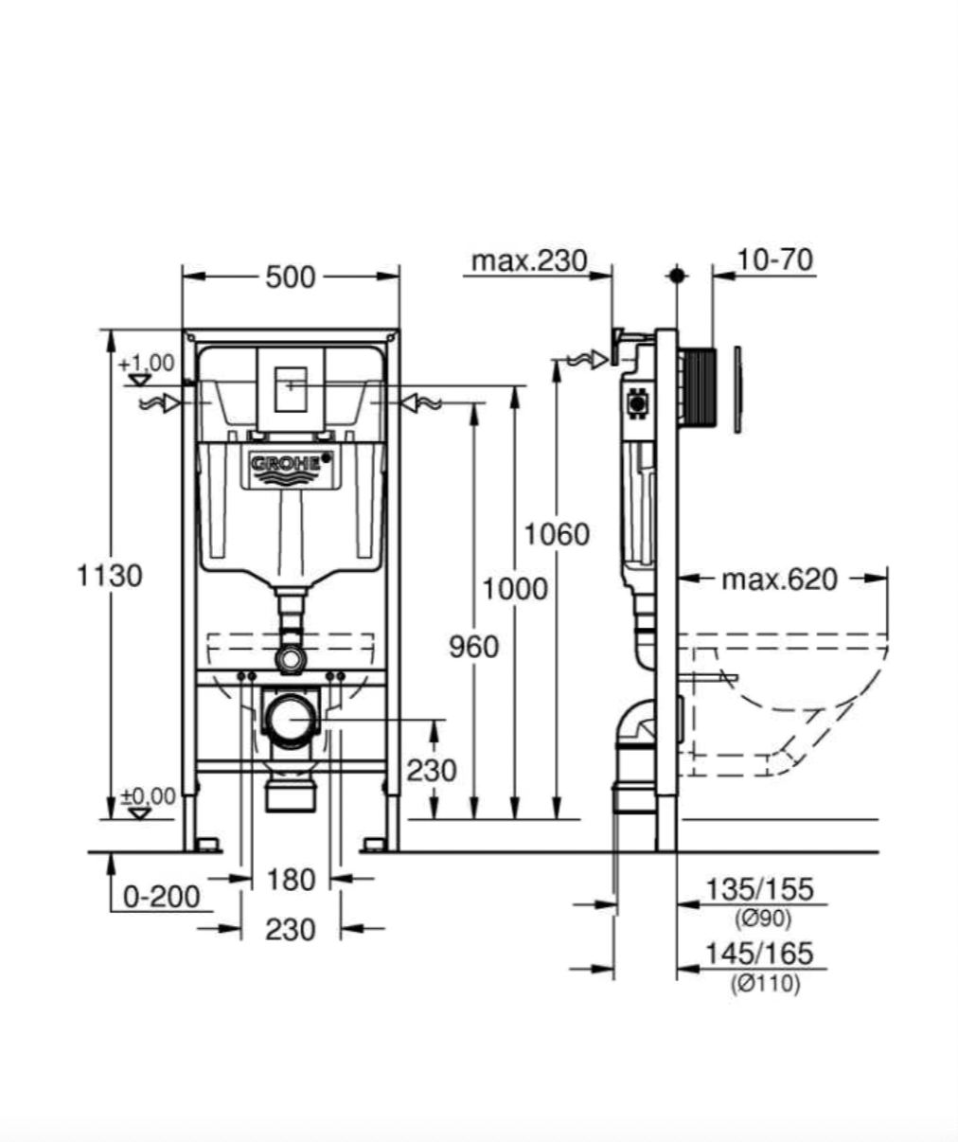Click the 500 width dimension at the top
pos(291,277)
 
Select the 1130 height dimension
pos(110,575)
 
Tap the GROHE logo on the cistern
pos(292,464)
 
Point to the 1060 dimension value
pos(557,534)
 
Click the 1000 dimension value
pos(515,589)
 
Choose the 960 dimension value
pos(473,647)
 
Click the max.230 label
pos(529,259)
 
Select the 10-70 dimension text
pos(776,259)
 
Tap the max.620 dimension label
pos(779,579)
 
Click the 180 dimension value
pos(291,880)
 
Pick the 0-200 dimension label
pos(162,896)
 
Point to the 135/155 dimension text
pos(760,889)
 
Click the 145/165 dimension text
pos(760,954)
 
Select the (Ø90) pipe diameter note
pos(763,918)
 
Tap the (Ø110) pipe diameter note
pos(765,984)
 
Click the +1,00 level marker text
pos(147,363)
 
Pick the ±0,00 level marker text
pos(149,796)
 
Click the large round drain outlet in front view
pos(292,721)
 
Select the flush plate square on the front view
pos(292,387)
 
